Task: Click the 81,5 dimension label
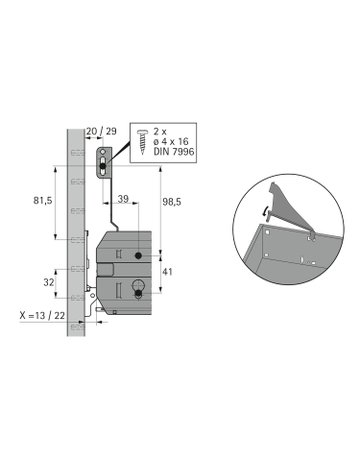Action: [43, 201]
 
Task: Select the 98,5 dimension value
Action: [172, 202]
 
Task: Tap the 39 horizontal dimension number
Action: [123, 199]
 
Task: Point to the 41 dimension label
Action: [167, 272]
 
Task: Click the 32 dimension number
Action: [49, 282]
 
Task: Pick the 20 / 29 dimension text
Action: [101, 131]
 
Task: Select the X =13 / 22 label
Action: [42, 315]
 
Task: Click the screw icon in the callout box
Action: [142, 142]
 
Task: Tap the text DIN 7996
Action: [173, 151]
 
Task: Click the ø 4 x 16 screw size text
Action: [171, 141]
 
